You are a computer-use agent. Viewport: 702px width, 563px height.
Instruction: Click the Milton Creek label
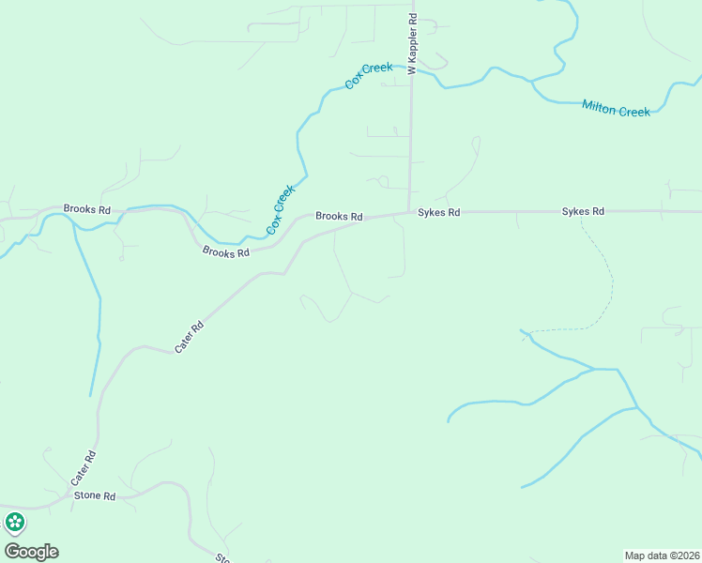[x=616, y=109]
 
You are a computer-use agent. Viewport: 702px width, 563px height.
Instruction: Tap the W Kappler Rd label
[x=412, y=44]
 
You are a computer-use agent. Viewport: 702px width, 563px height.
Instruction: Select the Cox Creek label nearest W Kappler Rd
[x=368, y=76]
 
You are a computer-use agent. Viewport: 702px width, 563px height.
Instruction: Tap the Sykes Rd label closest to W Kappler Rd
[x=439, y=213]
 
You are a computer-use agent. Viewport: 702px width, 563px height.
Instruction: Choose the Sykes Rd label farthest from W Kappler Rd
[x=583, y=212]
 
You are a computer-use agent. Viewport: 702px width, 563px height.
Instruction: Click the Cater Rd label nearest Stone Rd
[x=84, y=468]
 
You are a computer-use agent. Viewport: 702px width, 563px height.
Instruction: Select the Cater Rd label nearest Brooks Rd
[x=190, y=339]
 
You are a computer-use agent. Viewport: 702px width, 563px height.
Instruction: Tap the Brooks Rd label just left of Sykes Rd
[x=339, y=216]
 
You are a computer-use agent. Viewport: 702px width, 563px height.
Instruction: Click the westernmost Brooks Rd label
[x=86, y=208]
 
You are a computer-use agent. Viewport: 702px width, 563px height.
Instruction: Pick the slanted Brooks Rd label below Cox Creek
[x=226, y=251]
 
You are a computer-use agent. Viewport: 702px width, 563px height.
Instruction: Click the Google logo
[x=31, y=551]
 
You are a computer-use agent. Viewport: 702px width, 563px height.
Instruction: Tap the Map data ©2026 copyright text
[x=661, y=555]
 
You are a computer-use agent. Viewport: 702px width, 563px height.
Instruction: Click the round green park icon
[x=14, y=523]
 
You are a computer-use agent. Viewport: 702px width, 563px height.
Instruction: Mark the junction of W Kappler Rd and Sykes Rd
[x=409, y=212]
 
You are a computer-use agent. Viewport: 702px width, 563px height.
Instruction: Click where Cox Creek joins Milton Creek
[x=532, y=82]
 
